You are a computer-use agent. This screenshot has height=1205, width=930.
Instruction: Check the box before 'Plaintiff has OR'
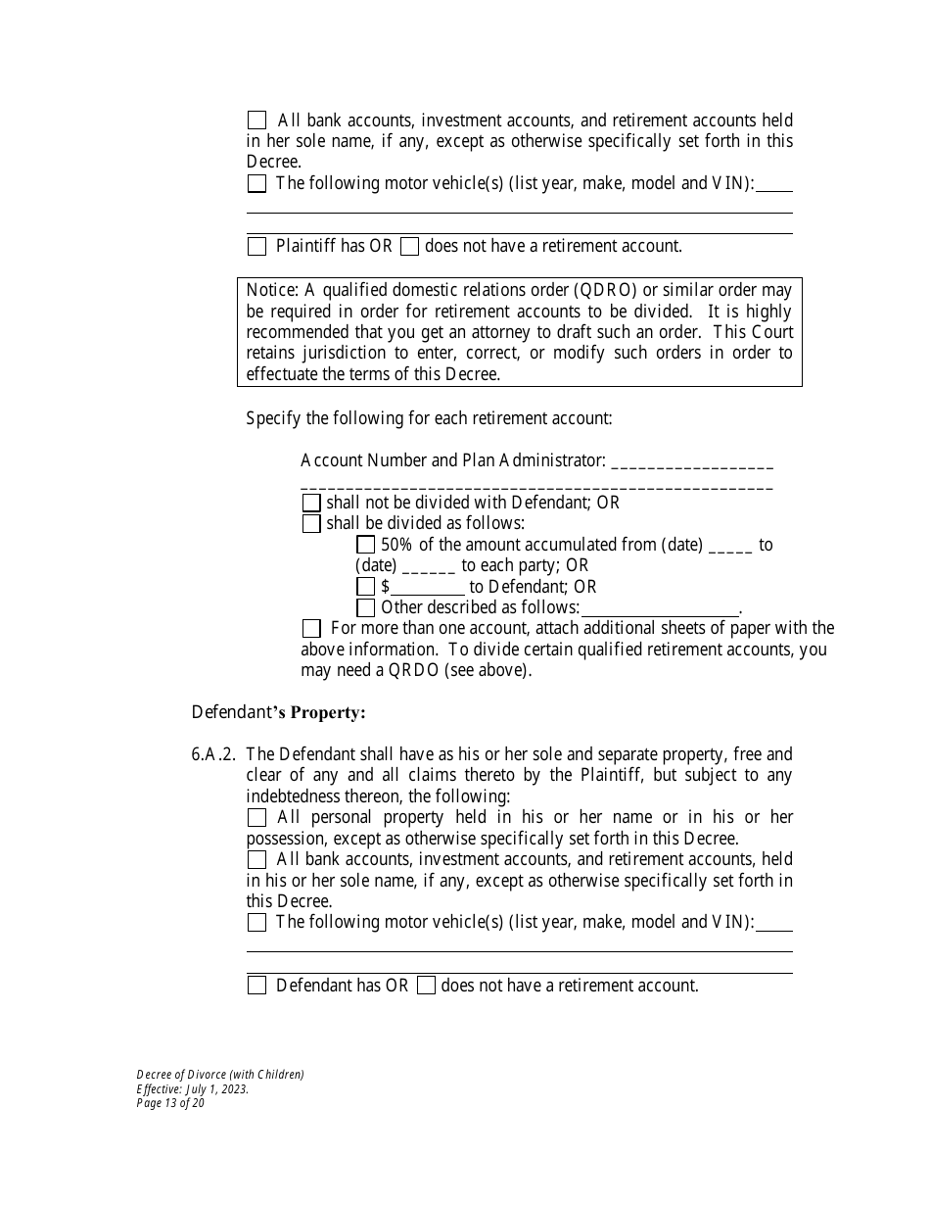click(256, 247)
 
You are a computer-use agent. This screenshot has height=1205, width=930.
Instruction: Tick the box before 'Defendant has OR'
click(256, 986)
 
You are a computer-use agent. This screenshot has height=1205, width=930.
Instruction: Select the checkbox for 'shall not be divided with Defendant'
click(311, 503)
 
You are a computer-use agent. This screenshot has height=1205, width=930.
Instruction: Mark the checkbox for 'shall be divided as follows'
click(311, 524)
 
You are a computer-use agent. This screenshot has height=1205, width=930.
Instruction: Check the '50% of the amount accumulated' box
click(365, 545)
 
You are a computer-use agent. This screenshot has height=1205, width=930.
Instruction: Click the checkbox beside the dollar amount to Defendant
click(365, 587)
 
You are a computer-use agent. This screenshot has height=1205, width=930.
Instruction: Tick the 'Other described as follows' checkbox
click(365, 607)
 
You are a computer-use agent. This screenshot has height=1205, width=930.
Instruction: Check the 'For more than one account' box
click(311, 628)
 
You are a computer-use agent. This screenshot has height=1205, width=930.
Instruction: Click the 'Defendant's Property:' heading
click(278, 712)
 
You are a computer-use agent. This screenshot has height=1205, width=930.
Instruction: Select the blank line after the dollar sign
click(428, 588)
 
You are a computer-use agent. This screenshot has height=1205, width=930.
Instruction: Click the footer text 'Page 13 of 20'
click(170, 1102)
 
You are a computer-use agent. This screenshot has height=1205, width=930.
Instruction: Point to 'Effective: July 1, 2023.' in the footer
click(193, 1088)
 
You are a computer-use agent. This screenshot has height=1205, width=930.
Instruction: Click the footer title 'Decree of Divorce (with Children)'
click(220, 1075)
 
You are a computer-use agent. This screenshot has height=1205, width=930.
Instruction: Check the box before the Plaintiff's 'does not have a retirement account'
click(410, 247)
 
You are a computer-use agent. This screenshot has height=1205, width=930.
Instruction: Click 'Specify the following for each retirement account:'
click(429, 418)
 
